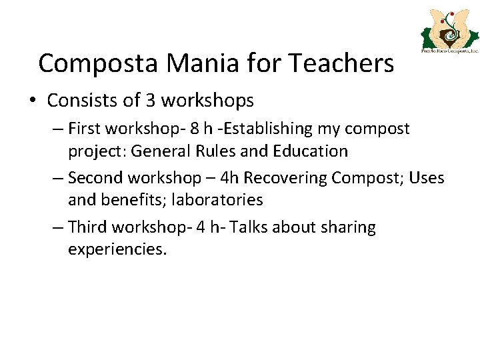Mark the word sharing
pos(348,227)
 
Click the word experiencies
pos(117,250)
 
